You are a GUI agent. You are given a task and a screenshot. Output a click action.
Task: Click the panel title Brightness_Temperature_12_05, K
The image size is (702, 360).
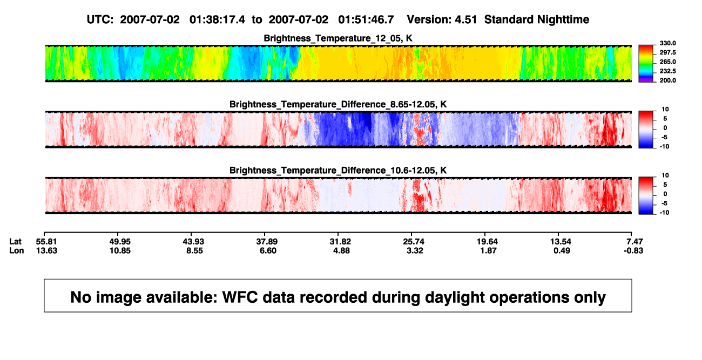pos(338,38)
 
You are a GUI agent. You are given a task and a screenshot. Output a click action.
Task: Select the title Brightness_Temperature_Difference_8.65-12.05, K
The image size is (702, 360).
pos(338,104)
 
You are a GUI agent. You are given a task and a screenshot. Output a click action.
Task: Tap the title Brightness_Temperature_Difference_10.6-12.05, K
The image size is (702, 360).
pos(338,171)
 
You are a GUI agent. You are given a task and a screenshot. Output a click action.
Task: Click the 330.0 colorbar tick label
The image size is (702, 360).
pos(667,43)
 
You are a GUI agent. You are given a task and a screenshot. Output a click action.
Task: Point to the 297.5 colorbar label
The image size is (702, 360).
pos(667,52)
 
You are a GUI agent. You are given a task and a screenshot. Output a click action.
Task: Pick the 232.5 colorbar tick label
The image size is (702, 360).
pos(667,71)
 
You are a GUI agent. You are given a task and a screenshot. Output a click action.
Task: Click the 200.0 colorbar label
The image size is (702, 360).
pos(667,80)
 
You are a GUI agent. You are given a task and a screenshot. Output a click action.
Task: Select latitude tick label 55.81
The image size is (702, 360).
pos(46,242)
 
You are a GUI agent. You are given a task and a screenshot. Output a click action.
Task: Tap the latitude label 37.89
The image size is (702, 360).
pos(267,242)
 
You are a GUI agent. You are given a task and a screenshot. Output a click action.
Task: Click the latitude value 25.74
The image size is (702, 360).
pos(414,242)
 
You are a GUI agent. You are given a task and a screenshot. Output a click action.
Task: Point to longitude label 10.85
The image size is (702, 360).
pos(120,250)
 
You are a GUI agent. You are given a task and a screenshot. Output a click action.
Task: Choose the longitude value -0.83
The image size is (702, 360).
pos(633,250)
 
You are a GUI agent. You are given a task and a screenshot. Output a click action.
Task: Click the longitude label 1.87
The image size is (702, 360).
pos(488,250)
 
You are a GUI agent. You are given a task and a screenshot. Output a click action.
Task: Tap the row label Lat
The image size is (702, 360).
pos(15,242)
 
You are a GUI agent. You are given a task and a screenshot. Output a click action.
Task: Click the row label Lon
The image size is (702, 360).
pos(16,250)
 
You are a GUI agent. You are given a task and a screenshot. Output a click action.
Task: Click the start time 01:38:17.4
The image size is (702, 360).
pos(217,20)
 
